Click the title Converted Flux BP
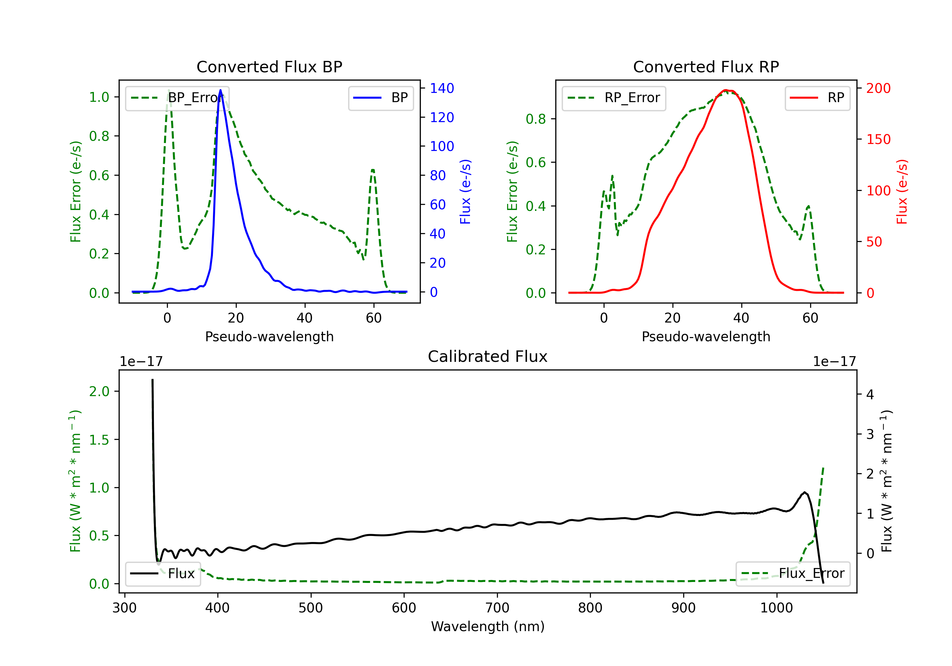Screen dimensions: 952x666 [x=269, y=67]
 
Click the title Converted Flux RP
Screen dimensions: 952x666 [x=706, y=67]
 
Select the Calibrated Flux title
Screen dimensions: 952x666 [x=488, y=356]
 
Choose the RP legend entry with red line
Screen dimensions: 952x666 [x=817, y=98]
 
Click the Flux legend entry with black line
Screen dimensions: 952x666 [x=162, y=574]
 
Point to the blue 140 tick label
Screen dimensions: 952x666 [x=442, y=88]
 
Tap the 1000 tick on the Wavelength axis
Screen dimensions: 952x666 [x=777, y=608]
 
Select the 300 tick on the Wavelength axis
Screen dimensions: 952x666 [x=124, y=608]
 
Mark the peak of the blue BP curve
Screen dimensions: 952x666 [x=220, y=90]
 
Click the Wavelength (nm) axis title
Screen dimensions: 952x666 [x=488, y=627]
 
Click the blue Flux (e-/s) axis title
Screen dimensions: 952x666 [x=466, y=192]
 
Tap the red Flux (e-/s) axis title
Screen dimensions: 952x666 [x=902, y=192]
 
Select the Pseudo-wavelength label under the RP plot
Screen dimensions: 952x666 [x=706, y=336]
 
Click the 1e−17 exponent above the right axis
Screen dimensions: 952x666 [x=834, y=362]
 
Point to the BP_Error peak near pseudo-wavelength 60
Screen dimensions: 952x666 [x=373, y=170]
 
